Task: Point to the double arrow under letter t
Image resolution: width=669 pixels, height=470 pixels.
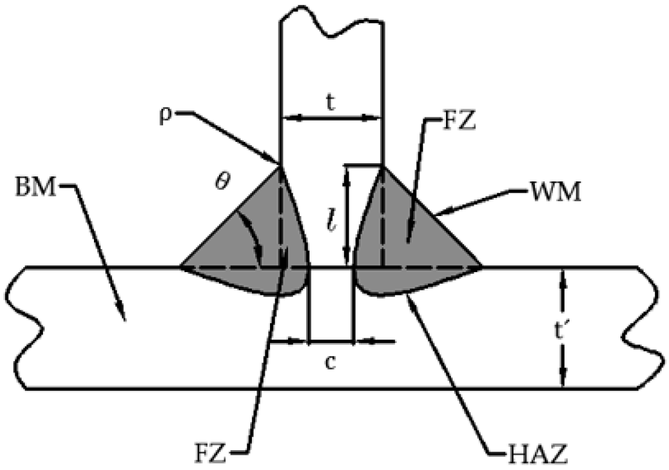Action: (331, 118)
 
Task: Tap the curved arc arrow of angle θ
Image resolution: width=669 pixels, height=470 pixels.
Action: (251, 238)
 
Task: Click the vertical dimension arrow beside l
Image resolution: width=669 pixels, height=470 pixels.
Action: (348, 215)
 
